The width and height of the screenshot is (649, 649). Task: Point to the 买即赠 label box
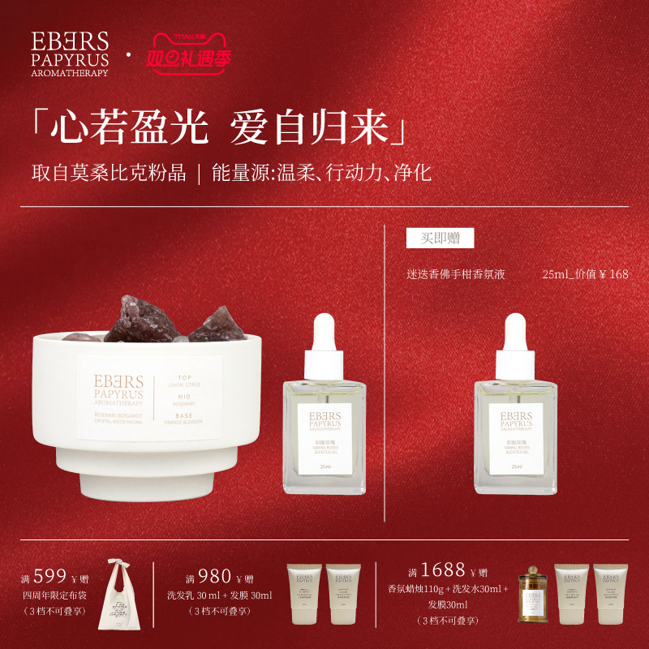440,238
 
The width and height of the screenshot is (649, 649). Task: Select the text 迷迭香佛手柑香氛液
456,274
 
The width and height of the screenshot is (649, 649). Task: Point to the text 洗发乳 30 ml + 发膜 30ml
219,595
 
